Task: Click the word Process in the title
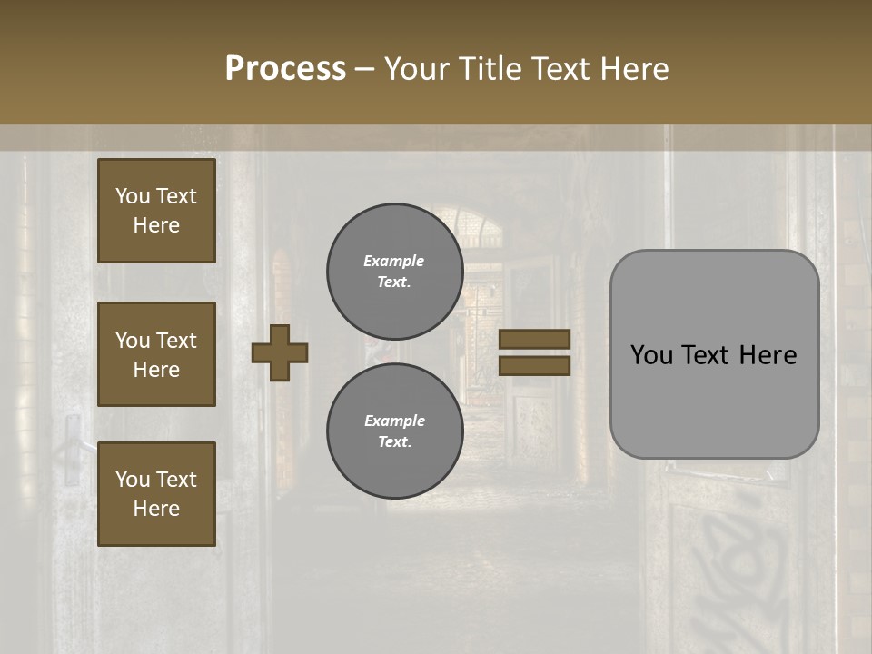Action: tap(285, 69)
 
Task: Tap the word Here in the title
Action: tap(633, 69)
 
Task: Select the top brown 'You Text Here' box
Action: tap(156, 211)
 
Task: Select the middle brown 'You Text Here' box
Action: tap(156, 354)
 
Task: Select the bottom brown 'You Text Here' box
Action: tap(156, 494)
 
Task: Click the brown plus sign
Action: tap(280, 353)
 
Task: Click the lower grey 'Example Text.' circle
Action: tap(394, 431)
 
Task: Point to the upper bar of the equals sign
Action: tap(535, 340)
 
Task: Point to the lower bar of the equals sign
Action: tap(535, 365)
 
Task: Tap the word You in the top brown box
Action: tap(133, 197)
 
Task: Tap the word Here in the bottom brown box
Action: tap(156, 510)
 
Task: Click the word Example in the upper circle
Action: tap(394, 261)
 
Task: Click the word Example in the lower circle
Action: tap(394, 421)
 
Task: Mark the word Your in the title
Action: tap(415, 69)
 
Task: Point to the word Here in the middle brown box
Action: tap(156, 370)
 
